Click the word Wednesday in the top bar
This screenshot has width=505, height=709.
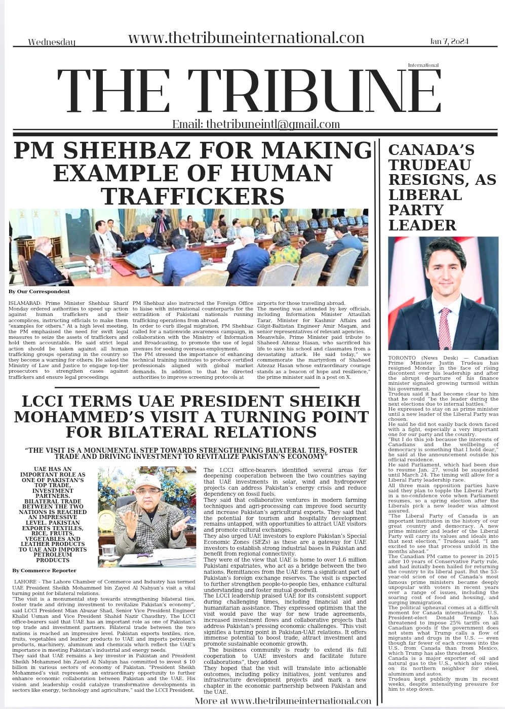(x=52, y=42)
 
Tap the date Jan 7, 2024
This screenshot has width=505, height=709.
(x=449, y=41)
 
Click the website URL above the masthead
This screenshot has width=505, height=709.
(x=246, y=37)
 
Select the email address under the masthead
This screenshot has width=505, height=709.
(x=256, y=125)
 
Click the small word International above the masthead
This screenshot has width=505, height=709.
(x=423, y=65)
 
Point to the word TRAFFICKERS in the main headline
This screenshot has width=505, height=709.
(x=192, y=196)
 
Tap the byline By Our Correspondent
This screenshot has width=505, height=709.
(x=39, y=292)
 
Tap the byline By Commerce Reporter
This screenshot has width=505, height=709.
(x=45, y=571)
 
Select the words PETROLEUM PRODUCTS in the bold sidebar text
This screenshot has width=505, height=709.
(x=53, y=557)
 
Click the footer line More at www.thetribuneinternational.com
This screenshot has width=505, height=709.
(x=283, y=701)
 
